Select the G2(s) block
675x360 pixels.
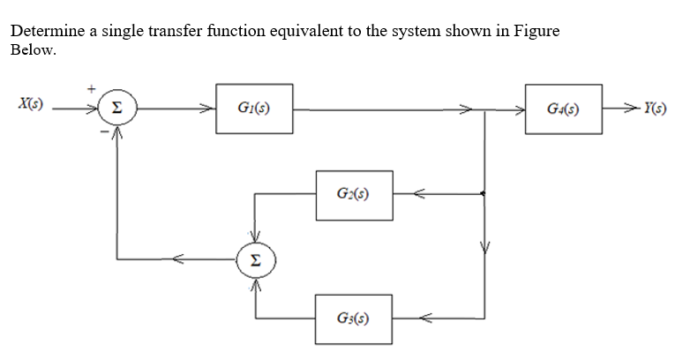[x=354, y=191]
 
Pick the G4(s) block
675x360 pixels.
[x=564, y=109]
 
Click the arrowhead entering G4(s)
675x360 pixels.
[x=520, y=110]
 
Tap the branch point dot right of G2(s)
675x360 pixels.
[x=484, y=192]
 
